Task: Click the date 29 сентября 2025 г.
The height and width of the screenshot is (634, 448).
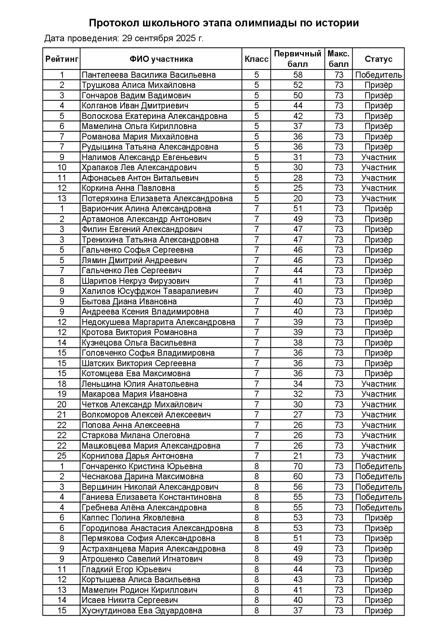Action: tap(163, 38)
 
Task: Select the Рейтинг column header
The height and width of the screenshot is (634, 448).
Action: tap(62, 59)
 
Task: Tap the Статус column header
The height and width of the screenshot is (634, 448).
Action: tap(378, 59)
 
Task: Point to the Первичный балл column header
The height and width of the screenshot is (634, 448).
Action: tap(297, 59)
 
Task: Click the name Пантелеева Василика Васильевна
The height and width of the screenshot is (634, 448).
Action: tap(148, 75)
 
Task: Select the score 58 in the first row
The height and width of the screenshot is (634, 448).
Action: tap(298, 75)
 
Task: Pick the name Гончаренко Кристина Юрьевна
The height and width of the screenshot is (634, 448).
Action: tap(142, 466)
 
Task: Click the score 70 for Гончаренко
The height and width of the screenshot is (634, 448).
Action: tap(298, 466)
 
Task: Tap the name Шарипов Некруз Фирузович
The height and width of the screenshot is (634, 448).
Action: tap(135, 281)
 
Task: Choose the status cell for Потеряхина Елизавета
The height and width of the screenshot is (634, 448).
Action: tap(378, 198)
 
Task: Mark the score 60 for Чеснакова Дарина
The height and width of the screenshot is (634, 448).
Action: tap(298, 476)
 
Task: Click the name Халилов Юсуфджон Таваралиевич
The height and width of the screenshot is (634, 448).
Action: tap(150, 291)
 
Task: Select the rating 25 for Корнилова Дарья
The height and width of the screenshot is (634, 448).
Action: tap(62, 456)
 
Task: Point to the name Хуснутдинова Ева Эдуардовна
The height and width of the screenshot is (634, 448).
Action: tap(142, 611)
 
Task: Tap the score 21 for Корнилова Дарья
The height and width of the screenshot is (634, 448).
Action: tap(298, 456)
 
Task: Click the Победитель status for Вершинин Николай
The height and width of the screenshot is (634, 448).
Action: tap(378, 487)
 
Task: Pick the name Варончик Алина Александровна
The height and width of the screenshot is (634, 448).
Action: tap(146, 209)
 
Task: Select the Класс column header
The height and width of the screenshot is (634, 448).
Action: tap(257, 59)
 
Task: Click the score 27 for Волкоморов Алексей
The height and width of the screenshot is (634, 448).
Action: tap(298, 415)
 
